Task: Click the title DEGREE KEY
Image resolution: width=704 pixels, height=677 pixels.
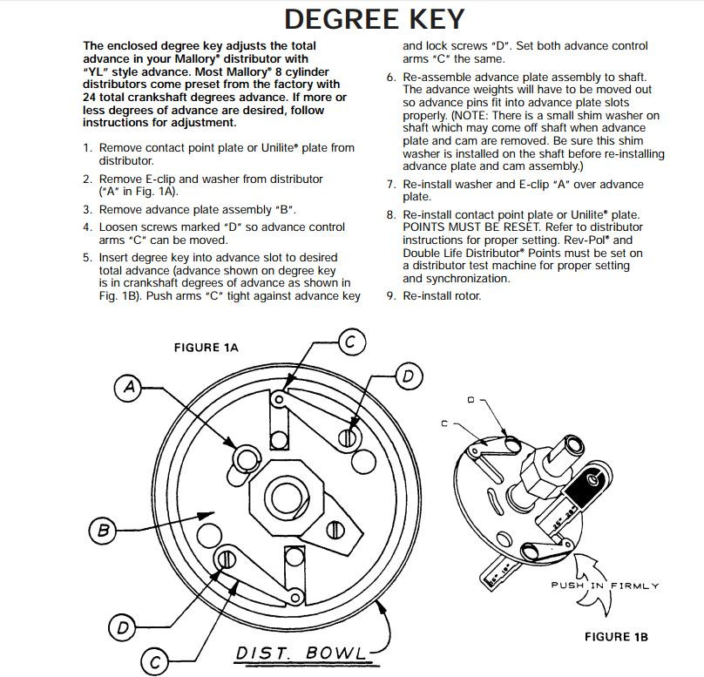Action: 374,19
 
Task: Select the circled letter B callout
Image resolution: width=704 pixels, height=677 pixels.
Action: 102,529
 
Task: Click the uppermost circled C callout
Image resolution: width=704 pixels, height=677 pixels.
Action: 349,342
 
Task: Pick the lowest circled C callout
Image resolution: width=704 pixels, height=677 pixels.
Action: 155,659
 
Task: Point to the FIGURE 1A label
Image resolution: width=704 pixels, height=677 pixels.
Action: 206,348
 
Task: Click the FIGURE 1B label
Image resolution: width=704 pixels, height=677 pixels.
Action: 616,637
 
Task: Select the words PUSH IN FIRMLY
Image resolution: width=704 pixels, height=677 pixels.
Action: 604,585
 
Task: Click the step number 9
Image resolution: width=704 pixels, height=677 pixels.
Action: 390,295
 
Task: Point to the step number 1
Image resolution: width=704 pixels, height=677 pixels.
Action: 87,148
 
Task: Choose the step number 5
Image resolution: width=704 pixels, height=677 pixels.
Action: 87,258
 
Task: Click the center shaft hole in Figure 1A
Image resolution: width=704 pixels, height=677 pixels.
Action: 285,498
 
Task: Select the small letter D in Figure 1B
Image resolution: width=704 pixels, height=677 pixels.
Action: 471,400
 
